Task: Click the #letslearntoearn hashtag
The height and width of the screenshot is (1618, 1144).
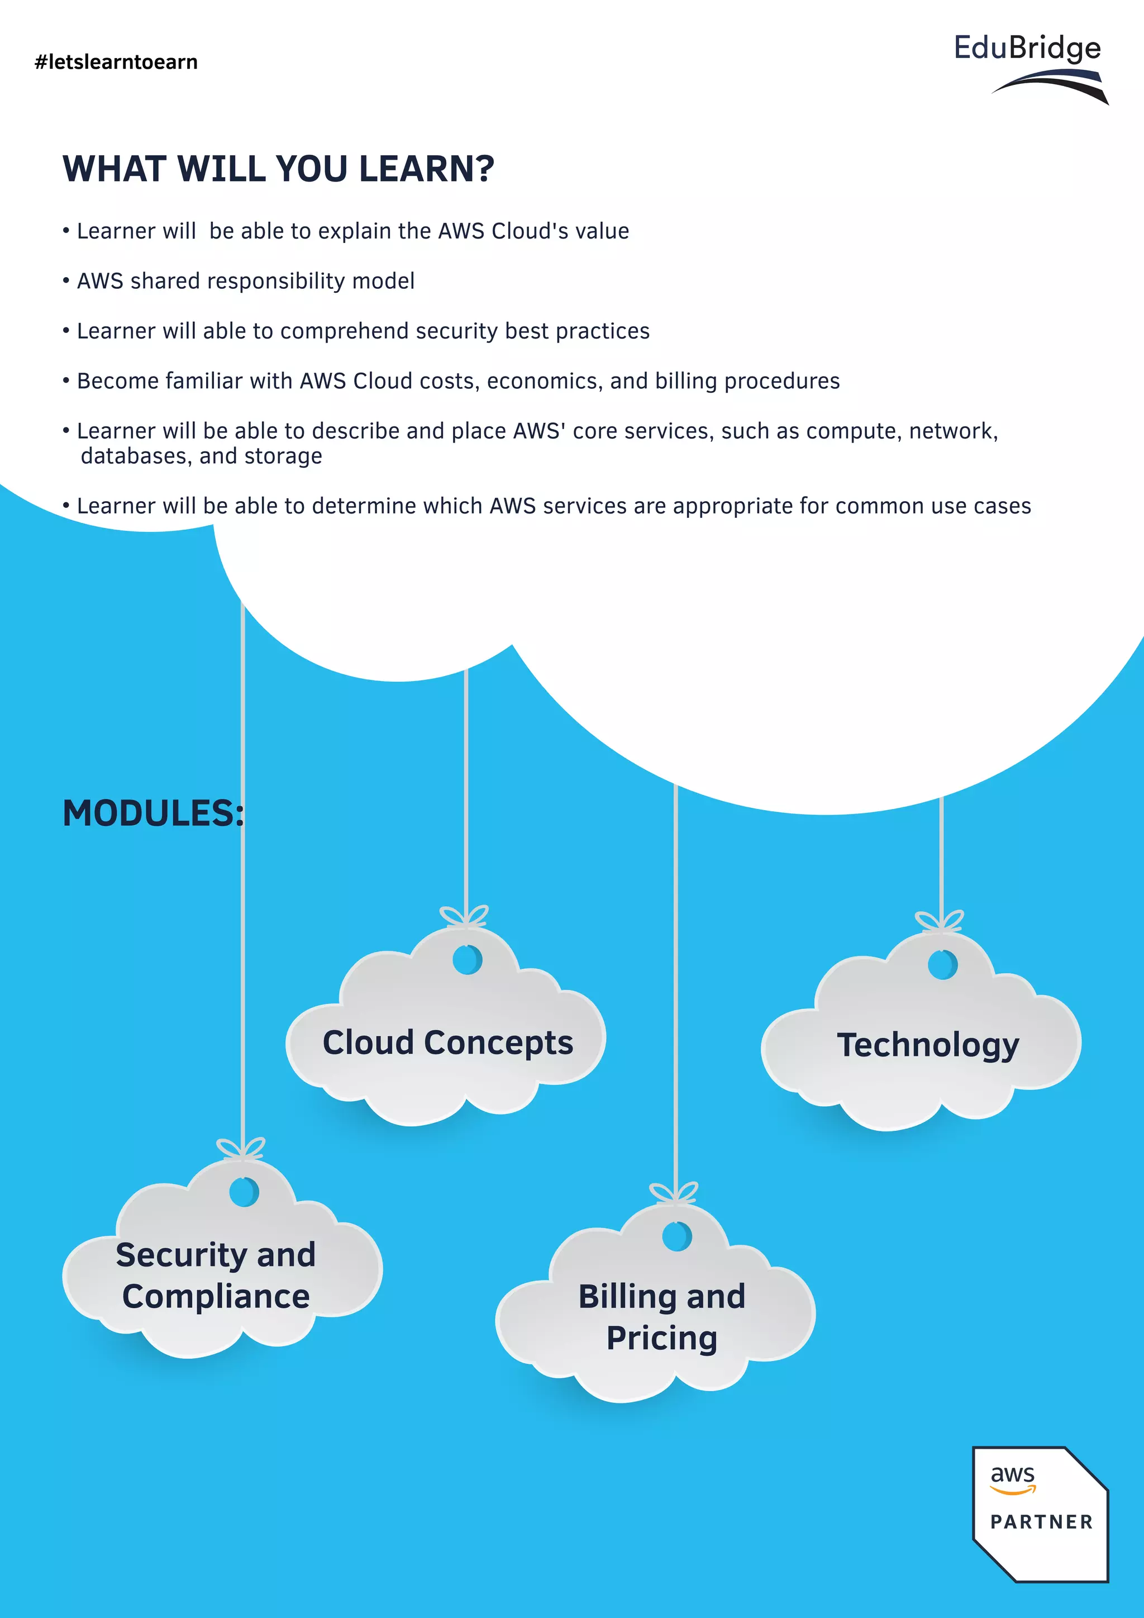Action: [x=116, y=62]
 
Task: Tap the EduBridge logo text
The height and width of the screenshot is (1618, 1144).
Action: [x=1027, y=48]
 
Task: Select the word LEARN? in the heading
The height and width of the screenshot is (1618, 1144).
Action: [x=427, y=169]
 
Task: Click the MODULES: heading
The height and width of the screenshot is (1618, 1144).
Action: [x=153, y=813]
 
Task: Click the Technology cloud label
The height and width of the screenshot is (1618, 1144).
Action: [x=928, y=1045]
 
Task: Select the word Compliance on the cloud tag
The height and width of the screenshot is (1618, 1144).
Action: [x=216, y=1297]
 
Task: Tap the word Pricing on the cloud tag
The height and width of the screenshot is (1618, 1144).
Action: [x=661, y=1338]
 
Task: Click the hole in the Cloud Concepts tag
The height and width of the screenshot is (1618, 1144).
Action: [x=466, y=959]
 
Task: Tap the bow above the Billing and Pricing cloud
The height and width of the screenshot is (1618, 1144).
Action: [x=674, y=1193]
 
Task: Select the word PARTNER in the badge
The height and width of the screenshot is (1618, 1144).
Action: [x=1041, y=1522]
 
